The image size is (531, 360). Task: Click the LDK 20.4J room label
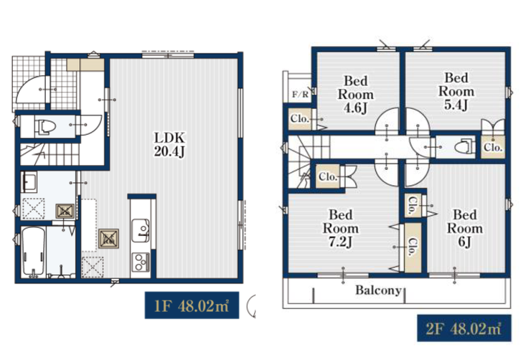tap(169, 144)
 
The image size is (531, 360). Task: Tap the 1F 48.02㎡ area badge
tap(192, 305)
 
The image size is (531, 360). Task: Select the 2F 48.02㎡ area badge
tap(464, 328)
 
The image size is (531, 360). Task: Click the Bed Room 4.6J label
tap(356, 95)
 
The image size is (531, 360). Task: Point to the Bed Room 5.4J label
tap(456, 91)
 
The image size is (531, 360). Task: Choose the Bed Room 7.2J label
tap(341, 228)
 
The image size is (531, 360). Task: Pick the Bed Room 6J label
tap(465, 228)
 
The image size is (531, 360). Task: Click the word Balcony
tap(378, 290)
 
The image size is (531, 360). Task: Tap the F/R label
tap(300, 95)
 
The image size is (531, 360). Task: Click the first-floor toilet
tap(45, 127)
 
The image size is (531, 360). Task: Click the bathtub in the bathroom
tap(33, 251)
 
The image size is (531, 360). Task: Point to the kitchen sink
tap(140, 231)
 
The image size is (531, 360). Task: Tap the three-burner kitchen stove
tap(140, 262)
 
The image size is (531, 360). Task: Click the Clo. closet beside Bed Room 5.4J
tap(493, 147)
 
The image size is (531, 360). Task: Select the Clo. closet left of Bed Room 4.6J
tap(300, 119)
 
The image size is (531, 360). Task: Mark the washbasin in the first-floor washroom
tap(29, 181)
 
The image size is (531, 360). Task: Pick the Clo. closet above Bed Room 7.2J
tap(328, 176)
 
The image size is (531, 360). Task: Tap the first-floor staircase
tap(50, 154)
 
